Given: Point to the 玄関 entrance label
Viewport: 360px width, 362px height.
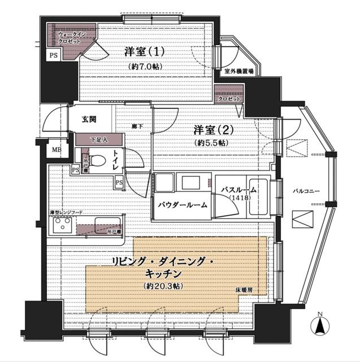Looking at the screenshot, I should point(89,119).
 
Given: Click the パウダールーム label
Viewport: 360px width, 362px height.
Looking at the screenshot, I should point(181,204).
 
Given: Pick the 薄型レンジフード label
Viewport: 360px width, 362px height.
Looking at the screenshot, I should point(66,212).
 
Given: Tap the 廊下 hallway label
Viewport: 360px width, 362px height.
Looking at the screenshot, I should point(136,126).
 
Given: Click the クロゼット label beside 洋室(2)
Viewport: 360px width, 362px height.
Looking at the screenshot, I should point(229,98).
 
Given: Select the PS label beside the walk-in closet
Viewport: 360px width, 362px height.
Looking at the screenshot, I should point(53,55).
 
